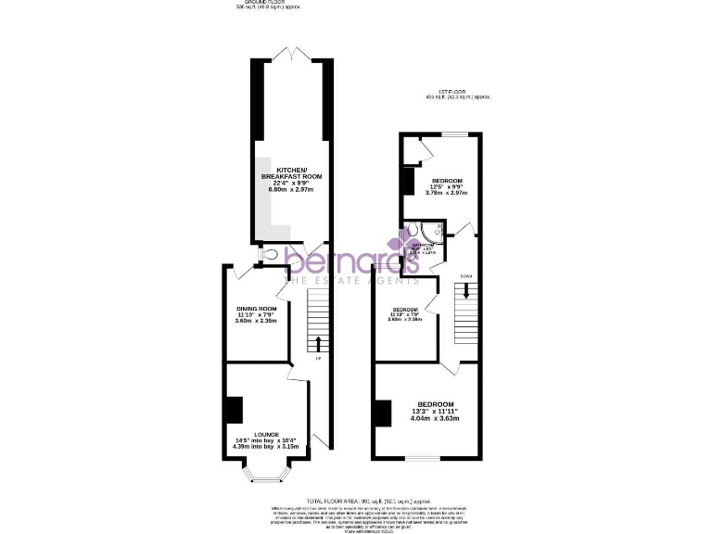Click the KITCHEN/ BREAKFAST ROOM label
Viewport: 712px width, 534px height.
(x=291, y=172)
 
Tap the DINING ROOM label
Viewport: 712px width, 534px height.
(x=257, y=308)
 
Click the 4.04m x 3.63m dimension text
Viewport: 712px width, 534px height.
(x=435, y=418)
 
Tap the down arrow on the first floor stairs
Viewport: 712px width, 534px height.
(x=465, y=289)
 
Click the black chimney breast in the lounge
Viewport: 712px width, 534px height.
(x=234, y=409)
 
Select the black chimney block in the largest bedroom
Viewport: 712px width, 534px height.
(x=381, y=413)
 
